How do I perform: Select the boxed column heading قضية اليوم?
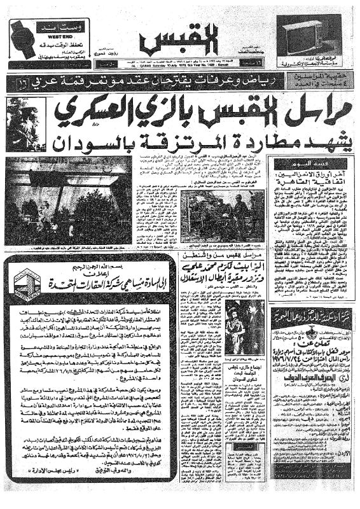(x=312, y=160)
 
